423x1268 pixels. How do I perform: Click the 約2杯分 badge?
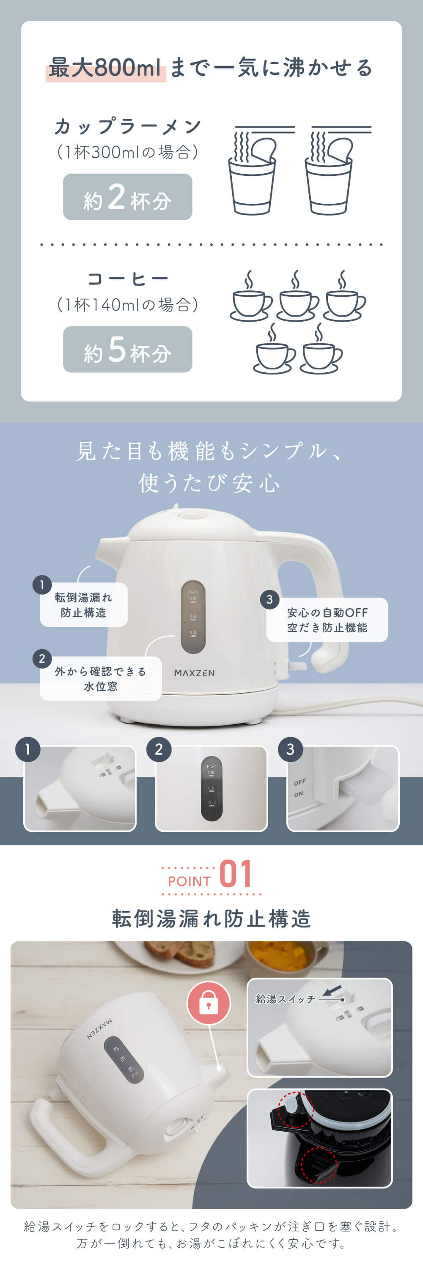128,197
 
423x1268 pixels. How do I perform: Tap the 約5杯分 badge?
128,349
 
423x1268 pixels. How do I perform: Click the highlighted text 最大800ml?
105,68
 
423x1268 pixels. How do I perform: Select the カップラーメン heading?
128,126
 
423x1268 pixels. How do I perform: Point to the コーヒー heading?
128,279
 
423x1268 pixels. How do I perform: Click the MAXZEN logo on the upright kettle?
194,672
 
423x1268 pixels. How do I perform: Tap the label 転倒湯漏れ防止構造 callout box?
84,604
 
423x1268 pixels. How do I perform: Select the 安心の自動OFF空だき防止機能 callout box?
327,620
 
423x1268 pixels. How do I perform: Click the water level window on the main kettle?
193,616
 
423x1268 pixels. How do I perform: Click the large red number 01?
235,874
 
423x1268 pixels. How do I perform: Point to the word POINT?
189,881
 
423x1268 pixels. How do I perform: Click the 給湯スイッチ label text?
286,999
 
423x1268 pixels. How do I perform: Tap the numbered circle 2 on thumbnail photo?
159,749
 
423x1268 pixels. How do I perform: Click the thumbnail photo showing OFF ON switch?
343,789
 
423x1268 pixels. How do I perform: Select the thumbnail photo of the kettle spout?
80,789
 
